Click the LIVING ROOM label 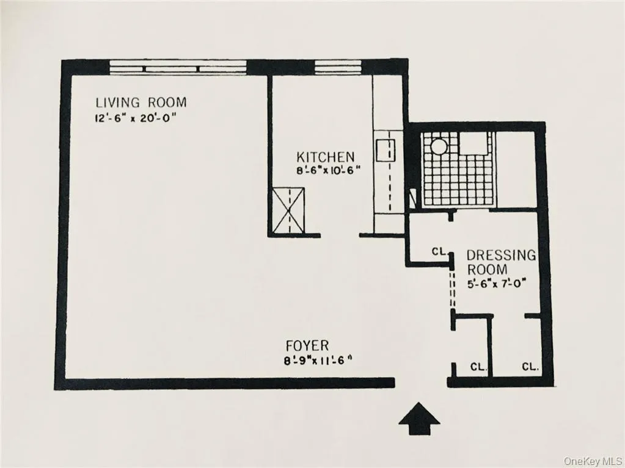(x=141, y=103)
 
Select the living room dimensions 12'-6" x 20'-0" (x=135, y=119)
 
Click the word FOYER (x=308, y=346)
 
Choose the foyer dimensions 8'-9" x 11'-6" (x=314, y=361)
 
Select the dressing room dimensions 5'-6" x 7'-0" (x=497, y=283)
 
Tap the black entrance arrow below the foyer (x=419, y=419)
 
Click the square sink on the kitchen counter (x=386, y=149)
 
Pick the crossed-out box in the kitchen (x=288, y=211)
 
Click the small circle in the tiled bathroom (x=438, y=146)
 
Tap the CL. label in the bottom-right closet (x=530, y=367)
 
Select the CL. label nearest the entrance (x=478, y=367)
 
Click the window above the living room (x=178, y=67)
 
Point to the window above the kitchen (x=338, y=67)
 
